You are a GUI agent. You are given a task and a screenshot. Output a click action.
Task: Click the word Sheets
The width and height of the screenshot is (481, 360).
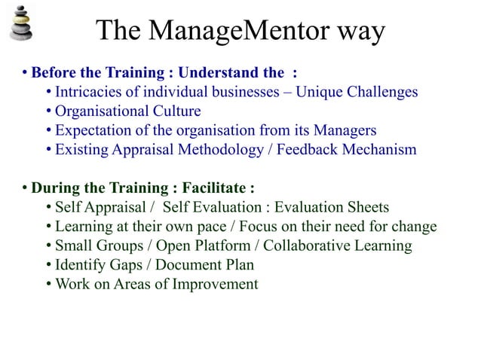pyautogui.click(x=369, y=208)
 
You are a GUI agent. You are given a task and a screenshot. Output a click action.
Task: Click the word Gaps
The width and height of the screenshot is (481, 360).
pyautogui.click(x=127, y=265)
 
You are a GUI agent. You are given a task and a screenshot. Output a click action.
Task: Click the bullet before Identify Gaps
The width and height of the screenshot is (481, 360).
pyautogui.click(x=49, y=265)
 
